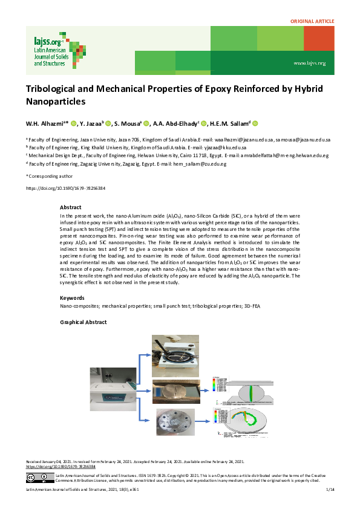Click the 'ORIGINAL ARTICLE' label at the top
click(312, 21)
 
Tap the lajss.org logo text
click(49, 41)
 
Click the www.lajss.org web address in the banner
click(309, 63)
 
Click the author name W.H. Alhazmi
click(47, 123)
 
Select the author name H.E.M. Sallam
click(229, 123)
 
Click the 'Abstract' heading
click(70, 207)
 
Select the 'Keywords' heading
click(72, 297)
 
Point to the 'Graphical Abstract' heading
click(83, 322)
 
